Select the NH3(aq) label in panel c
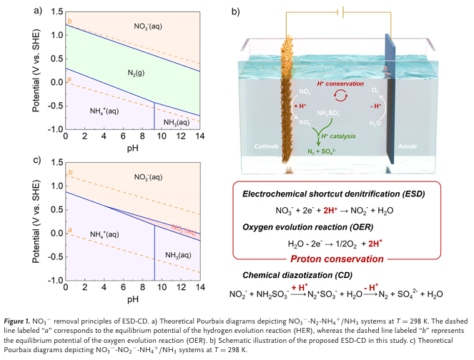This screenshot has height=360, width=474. [x=175, y=255]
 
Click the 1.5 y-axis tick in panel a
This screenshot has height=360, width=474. [x=52, y=12]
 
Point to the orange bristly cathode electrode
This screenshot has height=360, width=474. [x=290, y=100]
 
